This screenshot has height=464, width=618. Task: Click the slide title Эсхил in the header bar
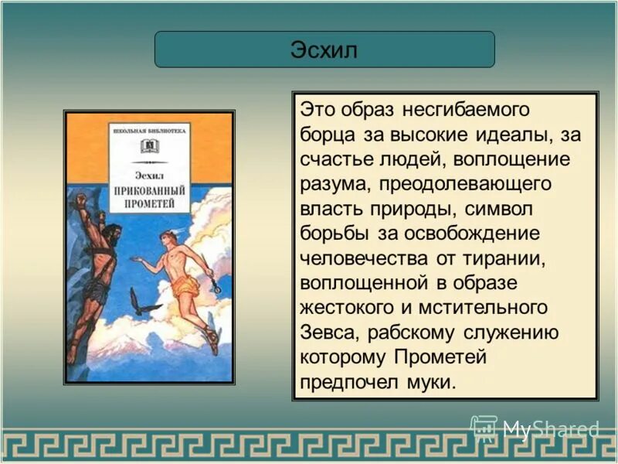pos(324,50)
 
